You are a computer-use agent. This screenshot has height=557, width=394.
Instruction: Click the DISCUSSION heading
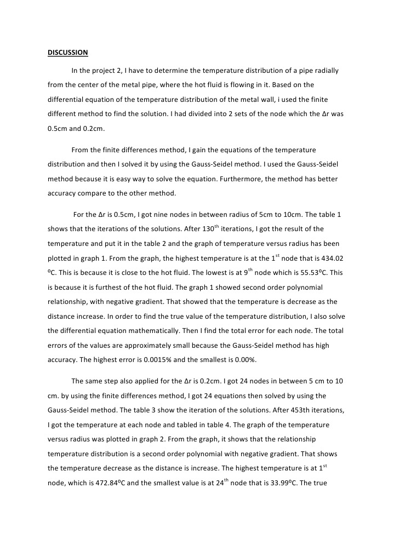tap(67, 53)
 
